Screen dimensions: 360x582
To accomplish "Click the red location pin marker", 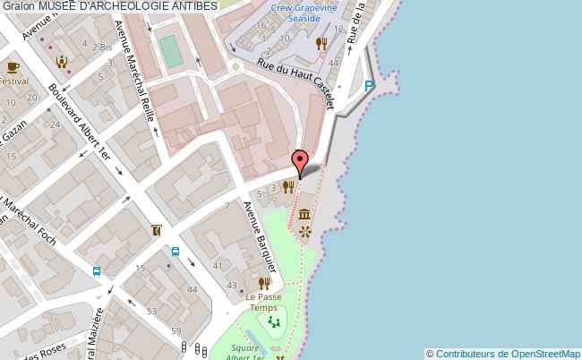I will coord(301,161).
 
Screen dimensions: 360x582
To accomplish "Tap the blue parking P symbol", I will coord(370,86).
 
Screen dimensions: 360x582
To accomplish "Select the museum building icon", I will coord(305,214).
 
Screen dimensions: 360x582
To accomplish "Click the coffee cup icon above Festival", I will coord(13,67).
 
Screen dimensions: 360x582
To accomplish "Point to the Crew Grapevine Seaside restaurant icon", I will coord(321,43).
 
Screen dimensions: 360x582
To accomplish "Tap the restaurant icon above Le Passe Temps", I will coord(264,283).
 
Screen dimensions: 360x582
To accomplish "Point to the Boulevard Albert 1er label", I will coord(80,124).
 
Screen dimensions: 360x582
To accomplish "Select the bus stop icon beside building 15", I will coord(175,252).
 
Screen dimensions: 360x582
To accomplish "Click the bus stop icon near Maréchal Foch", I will coord(96,270).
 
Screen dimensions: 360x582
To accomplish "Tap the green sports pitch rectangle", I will coord(169,50).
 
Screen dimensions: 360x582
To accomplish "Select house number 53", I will coord(151,310).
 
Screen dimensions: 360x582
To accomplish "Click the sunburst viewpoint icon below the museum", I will coord(305,232).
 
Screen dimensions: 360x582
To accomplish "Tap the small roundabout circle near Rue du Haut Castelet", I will coord(236,65).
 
